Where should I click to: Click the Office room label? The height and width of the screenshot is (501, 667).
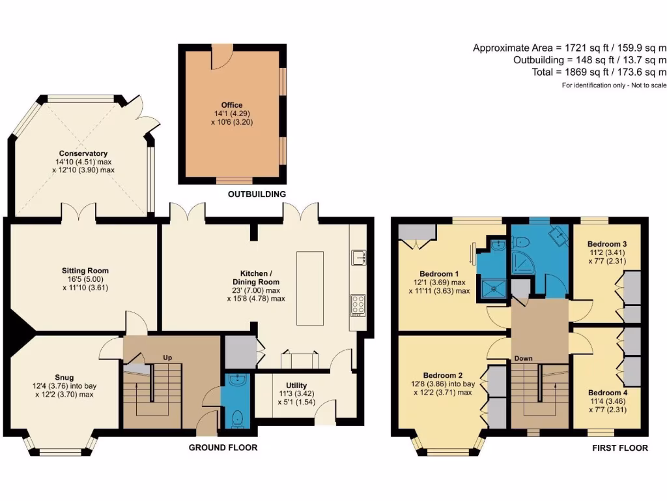232,105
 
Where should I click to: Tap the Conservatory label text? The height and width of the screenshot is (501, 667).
83,153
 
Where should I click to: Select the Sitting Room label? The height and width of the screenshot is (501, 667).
85,271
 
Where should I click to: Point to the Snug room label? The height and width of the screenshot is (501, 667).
64,378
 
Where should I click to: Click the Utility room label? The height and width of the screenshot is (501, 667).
296,386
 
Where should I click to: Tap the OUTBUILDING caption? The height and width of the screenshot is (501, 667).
257,194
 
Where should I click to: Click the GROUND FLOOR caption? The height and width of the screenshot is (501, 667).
223,448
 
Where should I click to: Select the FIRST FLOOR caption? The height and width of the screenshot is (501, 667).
620,448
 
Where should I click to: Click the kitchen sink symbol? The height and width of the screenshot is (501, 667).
359,258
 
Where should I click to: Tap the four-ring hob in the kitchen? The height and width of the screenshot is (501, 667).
358,305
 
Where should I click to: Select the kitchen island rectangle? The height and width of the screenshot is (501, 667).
309,288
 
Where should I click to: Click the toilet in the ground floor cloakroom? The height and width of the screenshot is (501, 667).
238,419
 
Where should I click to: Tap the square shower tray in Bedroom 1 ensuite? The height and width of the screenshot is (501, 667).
494,288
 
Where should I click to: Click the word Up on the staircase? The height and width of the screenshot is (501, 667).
167,358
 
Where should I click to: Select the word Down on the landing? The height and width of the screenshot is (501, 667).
523,358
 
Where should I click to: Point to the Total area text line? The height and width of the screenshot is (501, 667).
599,72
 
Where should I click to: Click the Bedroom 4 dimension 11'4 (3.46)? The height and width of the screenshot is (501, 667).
608,401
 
